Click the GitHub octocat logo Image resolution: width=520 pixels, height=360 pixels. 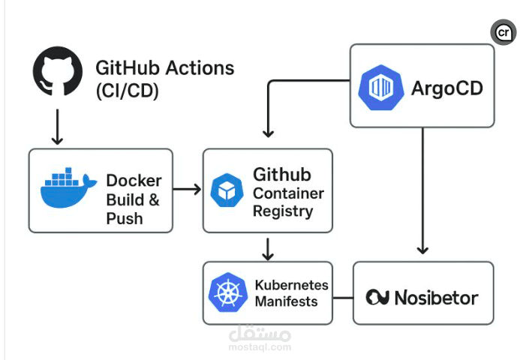(x=57, y=72)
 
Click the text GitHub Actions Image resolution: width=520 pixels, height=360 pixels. (x=164, y=68)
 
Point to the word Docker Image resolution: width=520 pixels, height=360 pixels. (x=134, y=181)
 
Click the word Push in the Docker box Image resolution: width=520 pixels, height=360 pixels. (x=125, y=219)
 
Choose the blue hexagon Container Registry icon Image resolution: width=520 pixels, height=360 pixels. (x=226, y=190)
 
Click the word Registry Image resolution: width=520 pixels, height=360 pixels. (x=282, y=211)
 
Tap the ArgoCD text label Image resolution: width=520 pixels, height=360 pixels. (x=447, y=88)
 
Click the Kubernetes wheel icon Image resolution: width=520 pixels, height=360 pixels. (x=227, y=293)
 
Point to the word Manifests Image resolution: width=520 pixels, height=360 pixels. (x=286, y=301)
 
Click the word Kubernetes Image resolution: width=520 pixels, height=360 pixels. (x=291, y=285)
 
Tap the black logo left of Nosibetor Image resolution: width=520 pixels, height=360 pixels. (x=377, y=298)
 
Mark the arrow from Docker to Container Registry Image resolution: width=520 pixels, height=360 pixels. (x=187, y=189)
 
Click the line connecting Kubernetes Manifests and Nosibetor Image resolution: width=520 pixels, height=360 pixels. (x=343, y=297)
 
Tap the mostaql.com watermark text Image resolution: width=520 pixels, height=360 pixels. (x=260, y=347)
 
